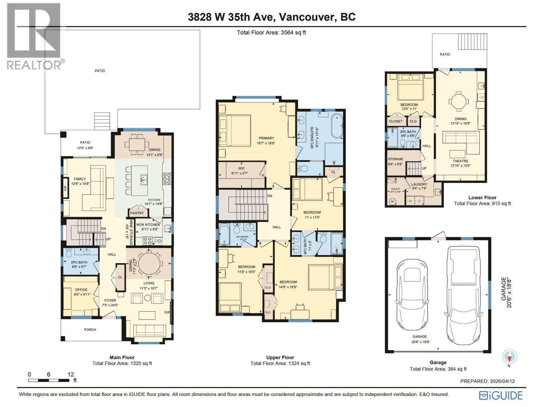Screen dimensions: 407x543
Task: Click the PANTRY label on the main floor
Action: click(x=137, y=213)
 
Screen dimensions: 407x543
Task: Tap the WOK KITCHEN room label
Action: click(x=148, y=225)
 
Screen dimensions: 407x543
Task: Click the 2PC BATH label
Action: click(x=79, y=262)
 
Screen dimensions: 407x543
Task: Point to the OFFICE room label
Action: click(x=81, y=290)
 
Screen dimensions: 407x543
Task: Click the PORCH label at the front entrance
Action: click(x=90, y=329)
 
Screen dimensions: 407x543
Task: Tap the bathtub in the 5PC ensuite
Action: click(x=337, y=126)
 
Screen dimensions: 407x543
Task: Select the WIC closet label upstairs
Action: click(x=241, y=168)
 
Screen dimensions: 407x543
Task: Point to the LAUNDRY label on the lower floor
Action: click(x=419, y=184)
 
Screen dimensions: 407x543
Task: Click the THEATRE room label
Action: click(x=460, y=161)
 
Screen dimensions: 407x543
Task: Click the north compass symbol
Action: click(x=509, y=357)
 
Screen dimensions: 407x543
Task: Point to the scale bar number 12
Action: click(x=71, y=374)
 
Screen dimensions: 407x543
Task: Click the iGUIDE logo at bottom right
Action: click(x=501, y=395)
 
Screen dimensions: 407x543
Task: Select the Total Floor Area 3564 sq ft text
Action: click(x=271, y=33)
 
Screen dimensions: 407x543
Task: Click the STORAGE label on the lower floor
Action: click(x=395, y=159)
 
